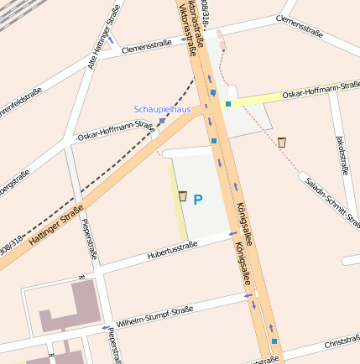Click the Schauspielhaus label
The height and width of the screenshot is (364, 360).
coord(162,109)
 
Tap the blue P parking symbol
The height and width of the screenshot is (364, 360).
coord(198,200)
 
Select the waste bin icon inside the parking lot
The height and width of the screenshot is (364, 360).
coord(182,196)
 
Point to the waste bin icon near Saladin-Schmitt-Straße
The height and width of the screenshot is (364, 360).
coord(282,143)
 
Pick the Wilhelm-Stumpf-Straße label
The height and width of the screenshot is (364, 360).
coord(154,316)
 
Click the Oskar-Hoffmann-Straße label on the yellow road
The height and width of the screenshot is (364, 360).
coord(321,91)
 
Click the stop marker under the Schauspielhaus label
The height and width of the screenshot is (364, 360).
coord(161,121)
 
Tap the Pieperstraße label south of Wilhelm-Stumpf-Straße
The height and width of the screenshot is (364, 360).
coord(112,345)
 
